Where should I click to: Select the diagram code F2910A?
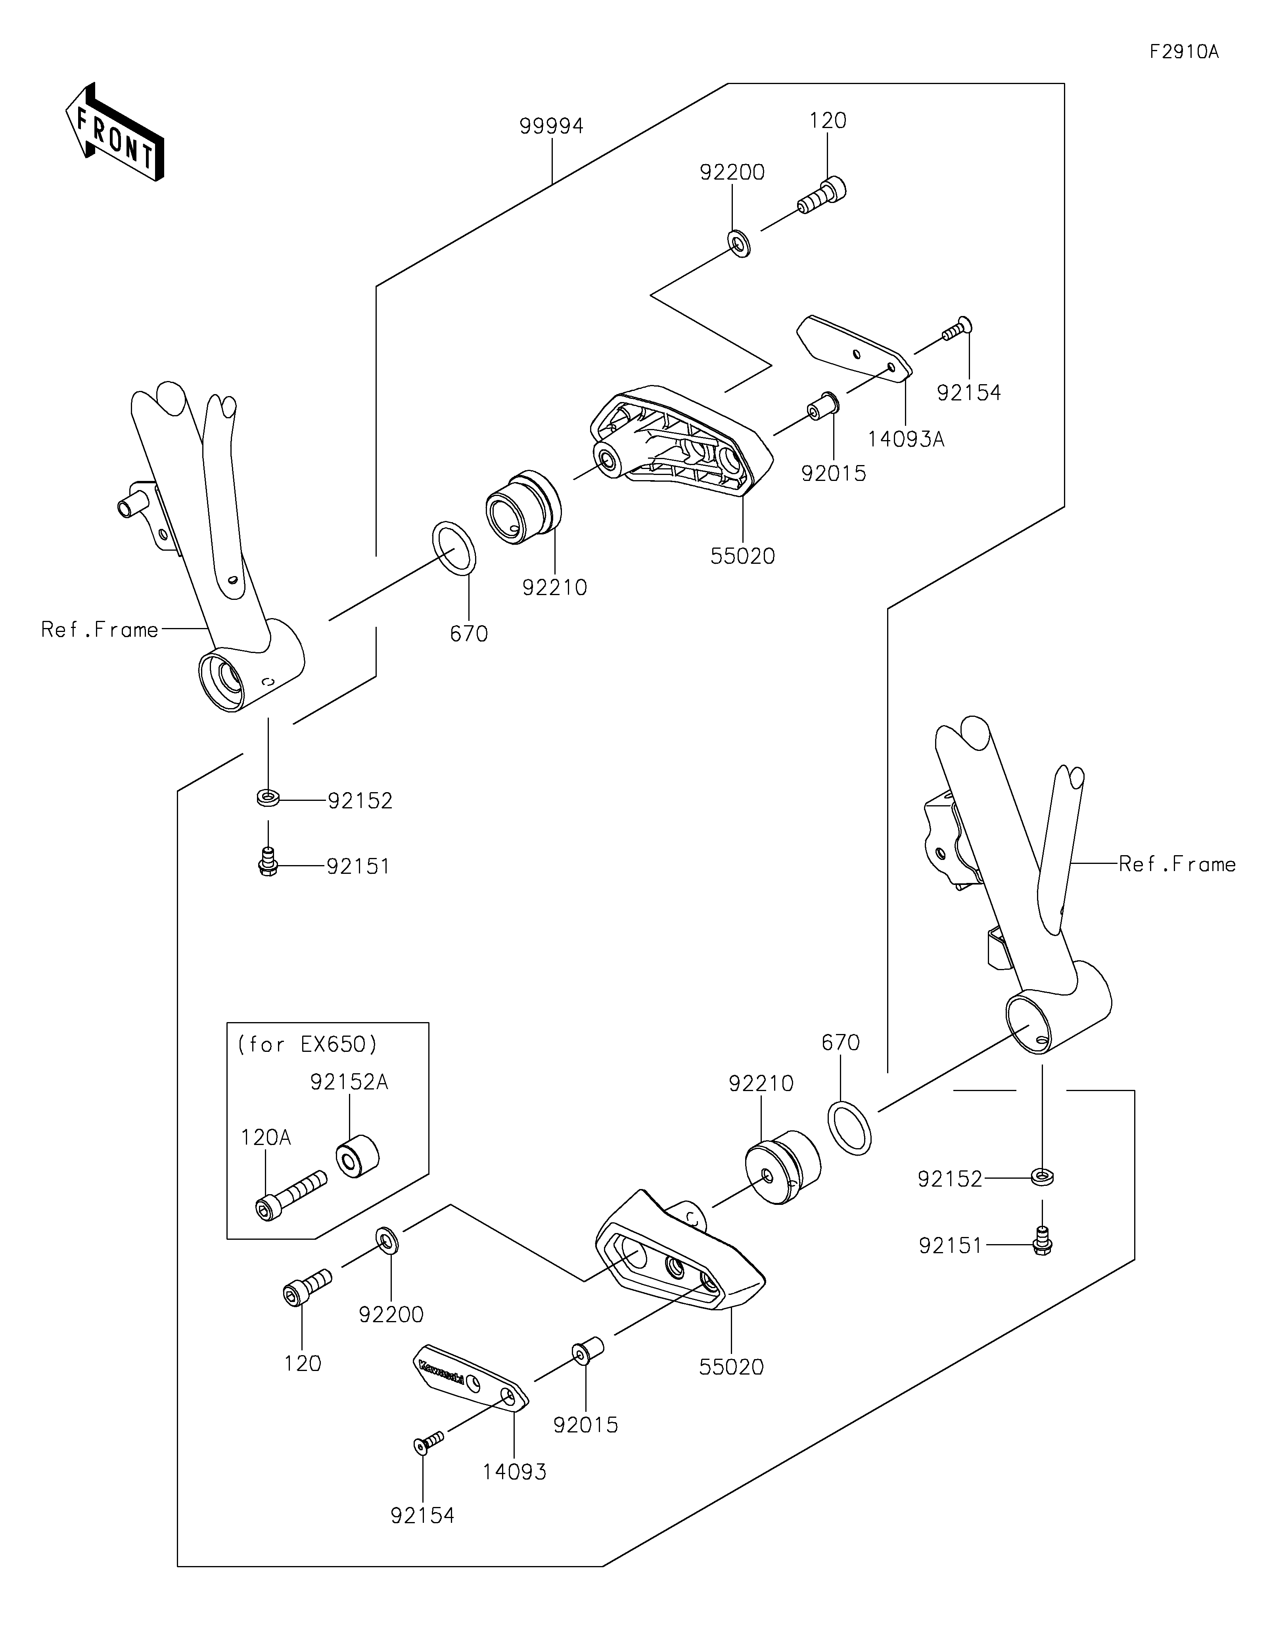coord(1184,52)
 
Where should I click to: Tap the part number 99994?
coord(552,126)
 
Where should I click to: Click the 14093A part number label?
coord(906,439)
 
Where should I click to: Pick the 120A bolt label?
coord(266,1138)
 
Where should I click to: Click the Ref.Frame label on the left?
coord(100,630)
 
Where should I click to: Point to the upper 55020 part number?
coord(742,556)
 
